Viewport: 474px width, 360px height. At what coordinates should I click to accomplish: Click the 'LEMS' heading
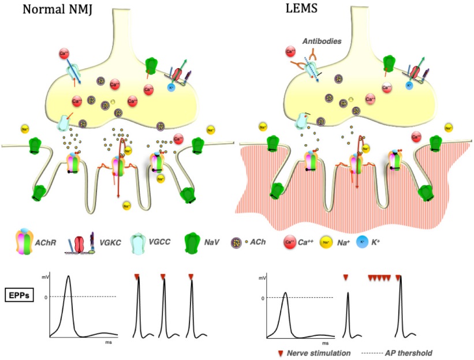click(300, 10)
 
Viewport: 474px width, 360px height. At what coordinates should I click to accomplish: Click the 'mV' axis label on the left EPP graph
click(45, 278)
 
